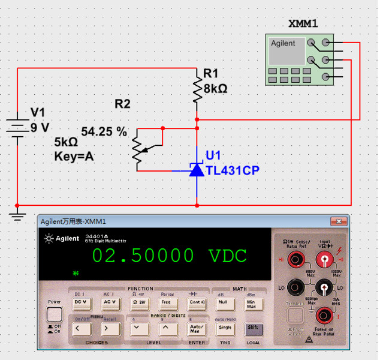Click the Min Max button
pyautogui.click(x=251, y=304)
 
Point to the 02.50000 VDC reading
pyautogui.click(x=169, y=256)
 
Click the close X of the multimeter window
pyautogui.click(x=341, y=221)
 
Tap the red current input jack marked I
pyautogui.click(x=324, y=313)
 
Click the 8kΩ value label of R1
pyautogui.click(x=215, y=89)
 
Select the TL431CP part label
pyautogui.click(x=233, y=170)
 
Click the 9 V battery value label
pyautogui.click(x=40, y=127)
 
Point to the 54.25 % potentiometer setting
pyautogui.click(x=104, y=131)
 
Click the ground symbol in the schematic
pyautogui.click(x=18, y=212)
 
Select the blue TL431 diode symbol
pyautogui.click(x=197, y=169)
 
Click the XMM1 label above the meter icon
pyautogui.click(x=303, y=24)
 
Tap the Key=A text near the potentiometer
pyautogui.click(x=74, y=157)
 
